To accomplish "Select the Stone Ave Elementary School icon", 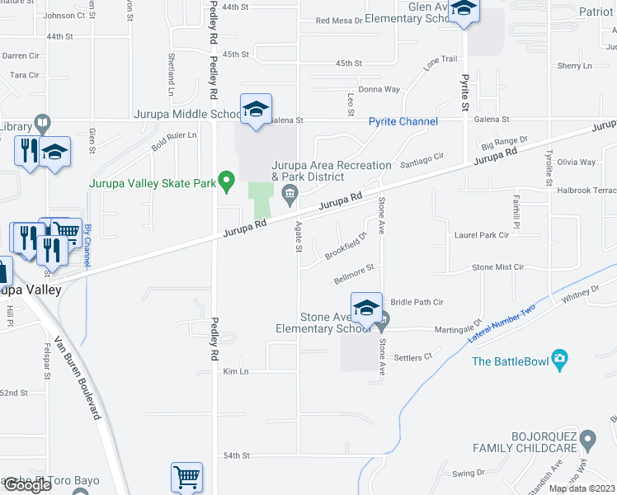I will coord(366,308).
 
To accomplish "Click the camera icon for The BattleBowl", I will coord(560,361).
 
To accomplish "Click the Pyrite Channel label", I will coord(403,121).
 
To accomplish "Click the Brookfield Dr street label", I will coord(345,245).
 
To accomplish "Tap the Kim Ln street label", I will coord(235,372).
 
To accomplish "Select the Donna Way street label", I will coord(379,89).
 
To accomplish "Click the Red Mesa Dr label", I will coord(338,21).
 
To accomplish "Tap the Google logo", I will coord(27,485).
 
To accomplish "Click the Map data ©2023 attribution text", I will coord(582,488).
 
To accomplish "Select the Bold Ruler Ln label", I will coord(173,140).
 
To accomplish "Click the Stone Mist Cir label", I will coord(497,267).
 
